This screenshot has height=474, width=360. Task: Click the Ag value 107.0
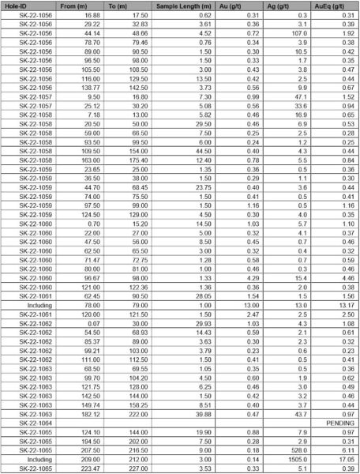297,34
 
